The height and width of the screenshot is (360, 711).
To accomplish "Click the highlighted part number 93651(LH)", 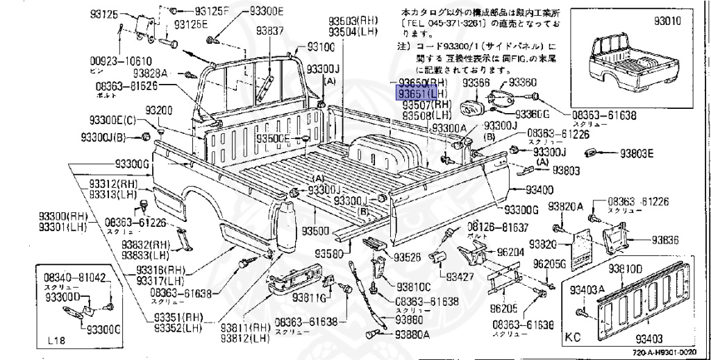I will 422,94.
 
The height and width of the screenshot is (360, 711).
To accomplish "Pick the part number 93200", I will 159,110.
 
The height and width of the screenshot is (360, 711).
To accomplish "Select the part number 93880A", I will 412,334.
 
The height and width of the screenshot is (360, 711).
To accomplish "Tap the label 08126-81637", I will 498,227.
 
